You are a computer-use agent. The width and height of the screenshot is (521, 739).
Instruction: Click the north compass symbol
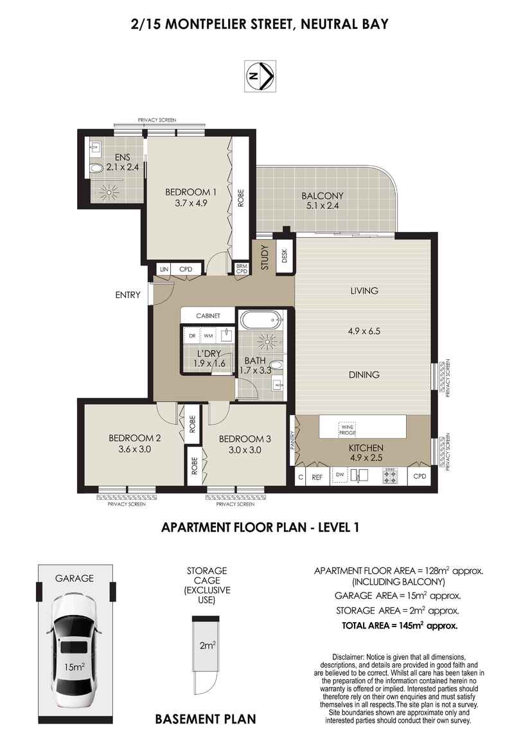pos(260,76)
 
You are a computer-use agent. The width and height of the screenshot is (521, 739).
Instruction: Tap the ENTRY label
pos(127,295)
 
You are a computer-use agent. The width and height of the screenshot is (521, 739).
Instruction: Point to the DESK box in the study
pos(285,256)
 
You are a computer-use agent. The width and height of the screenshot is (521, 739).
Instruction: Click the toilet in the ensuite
pos(96,169)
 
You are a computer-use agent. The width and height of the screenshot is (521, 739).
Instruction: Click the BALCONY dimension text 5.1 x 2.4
pos(324,206)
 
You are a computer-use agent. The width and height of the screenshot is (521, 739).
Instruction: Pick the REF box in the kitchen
pos(317,477)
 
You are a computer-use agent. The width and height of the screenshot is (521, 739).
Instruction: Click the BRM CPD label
pos(242,269)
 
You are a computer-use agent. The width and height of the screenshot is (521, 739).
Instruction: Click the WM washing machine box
pos(208,335)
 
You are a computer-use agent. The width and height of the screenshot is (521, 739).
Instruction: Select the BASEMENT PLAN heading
pos(206,719)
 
